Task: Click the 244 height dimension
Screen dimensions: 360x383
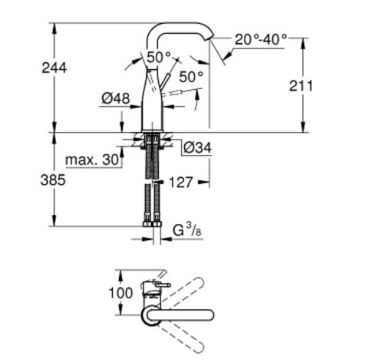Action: pos(54,68)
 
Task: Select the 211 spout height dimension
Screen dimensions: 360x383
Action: pos(301,86)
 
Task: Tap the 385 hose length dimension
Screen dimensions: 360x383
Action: pos(54,181)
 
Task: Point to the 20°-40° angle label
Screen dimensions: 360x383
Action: pos(261,38)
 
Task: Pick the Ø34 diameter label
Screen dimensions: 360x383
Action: pos(198,147)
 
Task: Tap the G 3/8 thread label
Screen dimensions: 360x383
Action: pos(186,229)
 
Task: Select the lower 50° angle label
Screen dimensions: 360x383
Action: pos(192,77)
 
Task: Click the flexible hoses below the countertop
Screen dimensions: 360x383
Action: pos(150,184)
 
